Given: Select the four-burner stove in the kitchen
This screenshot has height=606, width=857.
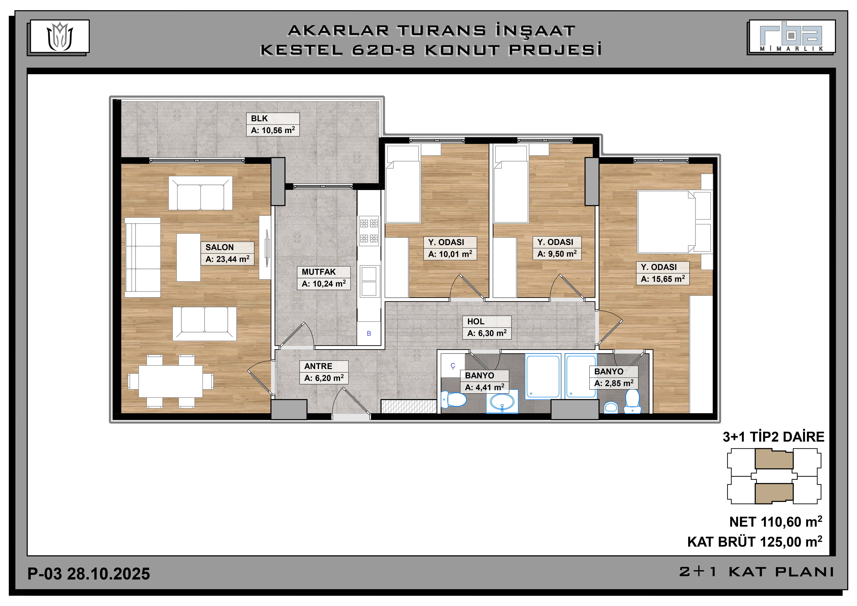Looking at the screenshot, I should pos(369,231).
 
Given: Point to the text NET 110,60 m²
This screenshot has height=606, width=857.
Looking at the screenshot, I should pos(776,522).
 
